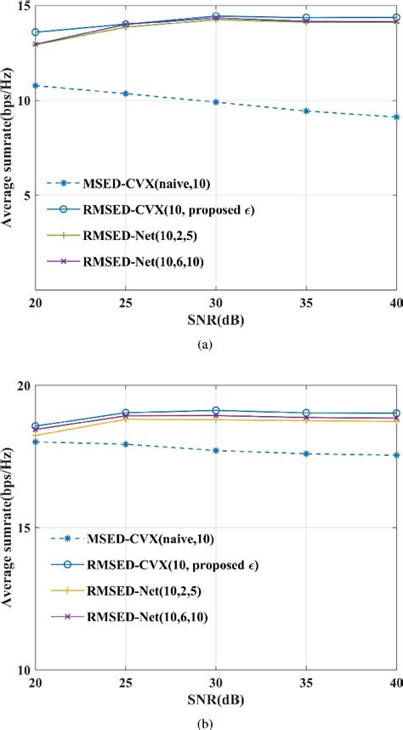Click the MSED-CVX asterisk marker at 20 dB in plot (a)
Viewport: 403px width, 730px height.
[x=35, y=85]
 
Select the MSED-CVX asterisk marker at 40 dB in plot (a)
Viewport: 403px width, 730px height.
[x=396, y=117]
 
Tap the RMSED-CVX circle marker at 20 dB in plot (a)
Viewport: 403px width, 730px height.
[x=35, y=32]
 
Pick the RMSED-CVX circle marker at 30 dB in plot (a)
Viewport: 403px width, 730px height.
[x=216, y=16]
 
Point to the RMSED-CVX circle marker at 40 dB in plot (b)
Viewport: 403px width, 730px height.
[x=396, y=413]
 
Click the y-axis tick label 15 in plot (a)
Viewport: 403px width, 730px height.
[x=23, y=7]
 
